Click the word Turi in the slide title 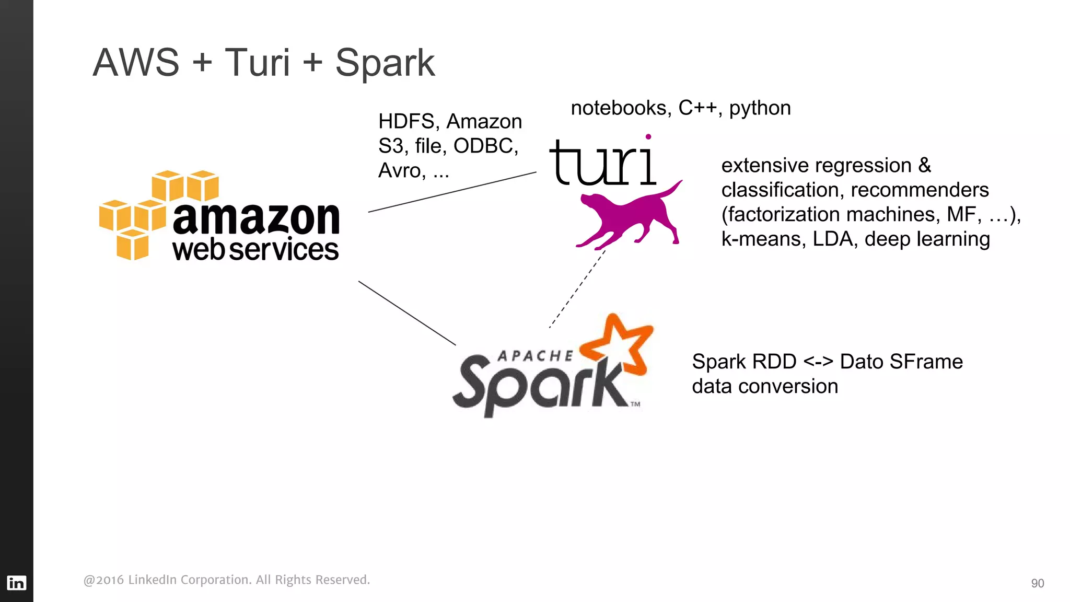point(257,63)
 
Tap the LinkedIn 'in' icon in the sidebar point(16,583)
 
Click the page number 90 point(1037,583)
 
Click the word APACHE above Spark point(535,356)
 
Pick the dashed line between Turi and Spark point(577,288)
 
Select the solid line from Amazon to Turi point(452,192)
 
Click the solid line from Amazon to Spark point(406,312)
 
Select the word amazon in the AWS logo point(256,218)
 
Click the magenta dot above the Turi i point(648,137)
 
